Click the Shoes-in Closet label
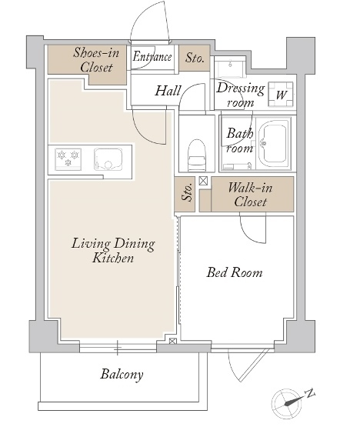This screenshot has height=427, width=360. (x=96, y=60)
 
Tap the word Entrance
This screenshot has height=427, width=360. (x=152, y=57)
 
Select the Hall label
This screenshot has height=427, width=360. (x=168, y=91)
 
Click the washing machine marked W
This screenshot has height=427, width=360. (x=281, y=94)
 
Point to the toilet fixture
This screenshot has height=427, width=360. (x=197, y=155)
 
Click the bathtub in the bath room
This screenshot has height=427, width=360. (x=273, y=144)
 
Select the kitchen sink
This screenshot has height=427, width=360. (x=108, y=159)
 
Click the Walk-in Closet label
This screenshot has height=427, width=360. (x=250, y=195)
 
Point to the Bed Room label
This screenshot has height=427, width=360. (x=235, y=272)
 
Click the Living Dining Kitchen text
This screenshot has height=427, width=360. (x=113, y=251)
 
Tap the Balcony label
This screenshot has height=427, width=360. (x=122, y=375)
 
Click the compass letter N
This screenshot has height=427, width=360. (x=310, y=393)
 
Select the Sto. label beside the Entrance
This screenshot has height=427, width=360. (x=195, y=58)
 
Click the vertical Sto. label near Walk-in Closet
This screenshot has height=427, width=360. (x=188, y=192)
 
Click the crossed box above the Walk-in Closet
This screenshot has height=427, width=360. (x=203, y=181)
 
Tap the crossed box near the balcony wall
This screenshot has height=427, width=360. (x=172, y=341)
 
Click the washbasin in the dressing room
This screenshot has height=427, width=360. (x=230, y=67)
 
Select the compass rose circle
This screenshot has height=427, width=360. (x=285, y=403)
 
